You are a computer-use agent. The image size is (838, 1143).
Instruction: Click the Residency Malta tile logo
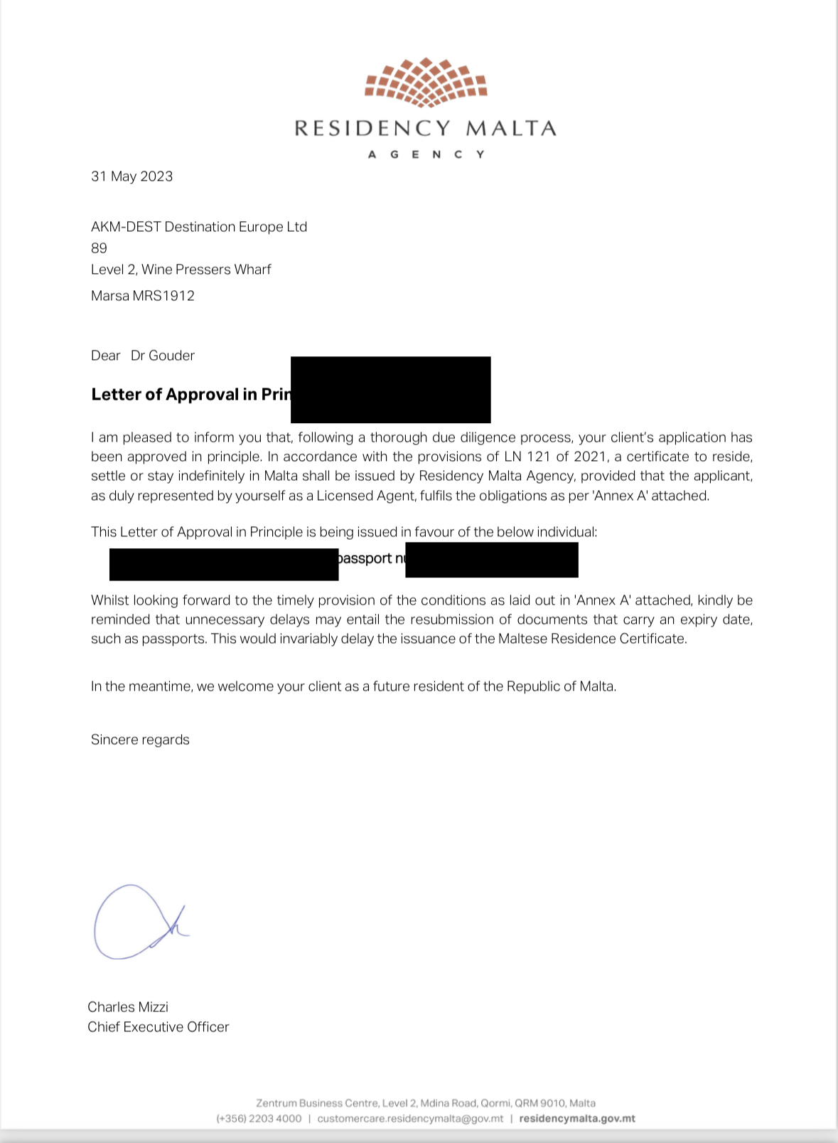tap(425, 83)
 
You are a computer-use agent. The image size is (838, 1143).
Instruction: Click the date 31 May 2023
tap(131, 176)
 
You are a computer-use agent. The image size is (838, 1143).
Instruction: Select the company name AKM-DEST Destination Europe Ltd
tap(199, 227)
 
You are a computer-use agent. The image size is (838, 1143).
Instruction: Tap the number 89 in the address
tap(99, 248)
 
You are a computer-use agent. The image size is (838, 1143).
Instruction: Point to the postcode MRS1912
tap(163, 296)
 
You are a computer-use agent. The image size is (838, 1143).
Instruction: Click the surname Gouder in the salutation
tap(171, 356)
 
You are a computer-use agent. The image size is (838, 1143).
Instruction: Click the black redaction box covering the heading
tap(390, 389)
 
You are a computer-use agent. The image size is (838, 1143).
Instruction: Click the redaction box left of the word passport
tap(223, 564)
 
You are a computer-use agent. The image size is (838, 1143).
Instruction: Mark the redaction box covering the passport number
tap(491, 560)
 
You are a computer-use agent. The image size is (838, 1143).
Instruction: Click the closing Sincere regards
tap(140, 740)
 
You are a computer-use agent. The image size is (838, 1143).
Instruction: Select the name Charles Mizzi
tap(128, 1007)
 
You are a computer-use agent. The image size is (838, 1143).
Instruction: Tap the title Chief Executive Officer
tap(159, 1027)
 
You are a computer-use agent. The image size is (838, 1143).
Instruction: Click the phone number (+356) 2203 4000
tap(259, 1119)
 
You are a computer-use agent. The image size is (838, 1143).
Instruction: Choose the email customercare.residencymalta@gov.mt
tap(410, 1119)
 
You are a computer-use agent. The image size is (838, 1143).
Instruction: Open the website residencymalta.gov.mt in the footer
tap(577, 1119)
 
